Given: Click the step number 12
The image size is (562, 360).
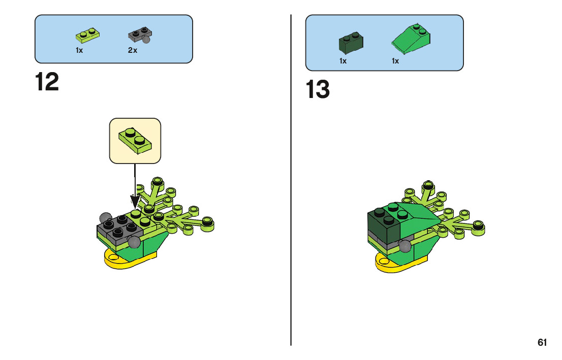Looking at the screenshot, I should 47,82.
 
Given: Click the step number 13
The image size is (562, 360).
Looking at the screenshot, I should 318,90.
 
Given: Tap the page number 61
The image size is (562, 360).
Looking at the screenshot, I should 542,343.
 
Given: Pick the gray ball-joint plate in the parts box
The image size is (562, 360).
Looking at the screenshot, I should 140,36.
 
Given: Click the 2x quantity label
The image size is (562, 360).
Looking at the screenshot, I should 133,50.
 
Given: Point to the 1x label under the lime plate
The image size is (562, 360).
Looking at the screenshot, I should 79,50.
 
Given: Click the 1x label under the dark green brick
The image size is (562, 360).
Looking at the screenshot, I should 343,61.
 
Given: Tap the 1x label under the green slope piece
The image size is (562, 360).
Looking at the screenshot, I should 395,61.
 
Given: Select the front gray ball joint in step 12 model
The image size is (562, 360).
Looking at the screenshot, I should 134,242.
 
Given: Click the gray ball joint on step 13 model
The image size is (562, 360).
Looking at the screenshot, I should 404,246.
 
